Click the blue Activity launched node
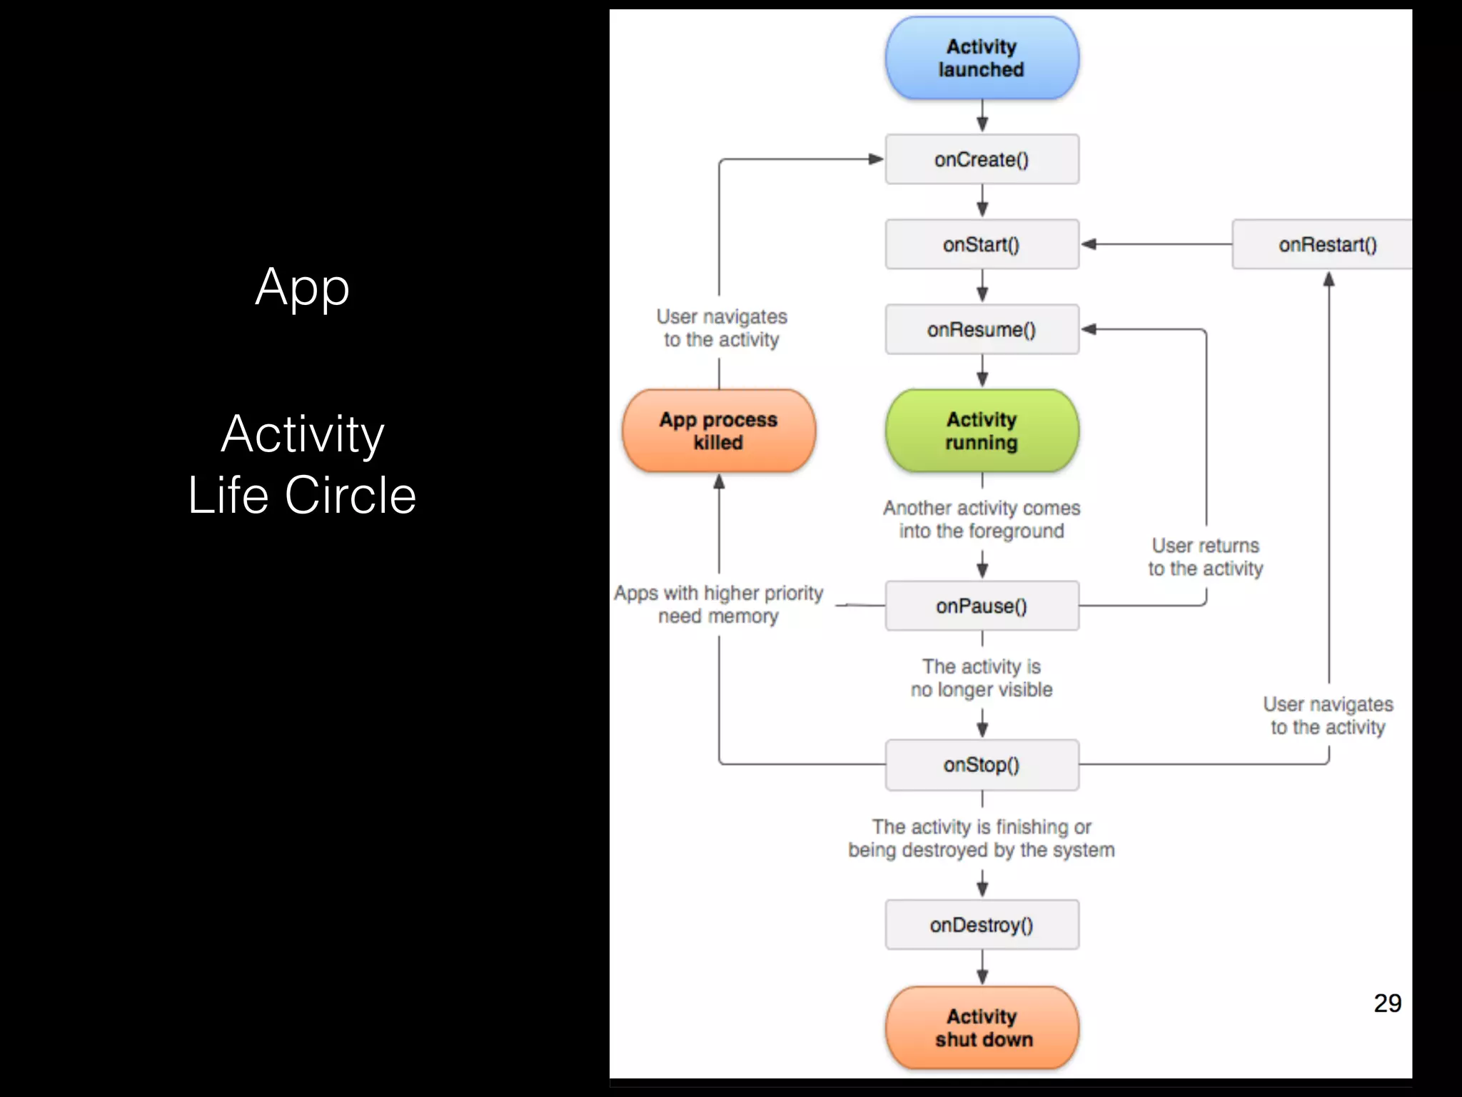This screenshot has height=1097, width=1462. [x=982, y=58]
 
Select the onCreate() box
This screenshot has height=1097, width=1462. [x=982, y=159]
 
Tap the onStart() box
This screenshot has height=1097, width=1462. [x=982, y=244]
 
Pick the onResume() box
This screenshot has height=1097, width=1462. [x=982, y=329]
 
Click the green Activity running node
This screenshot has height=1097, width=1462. [x=982, y=431]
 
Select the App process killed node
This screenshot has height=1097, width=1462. [x=719, y=431]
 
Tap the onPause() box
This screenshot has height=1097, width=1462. [x=982, y=606]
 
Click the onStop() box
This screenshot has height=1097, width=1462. [x=982, y=765]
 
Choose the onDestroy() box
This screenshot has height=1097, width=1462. [x=982, y=925]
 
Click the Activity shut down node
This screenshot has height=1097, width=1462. [x=982, y=1028]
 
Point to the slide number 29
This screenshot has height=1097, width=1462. [x=1387, y=1003]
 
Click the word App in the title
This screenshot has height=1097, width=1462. [x=303, y=288]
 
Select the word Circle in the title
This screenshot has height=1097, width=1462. [x=351, y=495]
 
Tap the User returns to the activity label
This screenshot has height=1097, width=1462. [x=1205, y=557]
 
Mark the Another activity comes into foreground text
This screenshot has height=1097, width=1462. [x=982, y=519]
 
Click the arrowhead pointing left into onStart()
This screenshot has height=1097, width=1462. [x=1089, y=244]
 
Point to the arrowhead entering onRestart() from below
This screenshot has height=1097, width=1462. [x=1329, y=279]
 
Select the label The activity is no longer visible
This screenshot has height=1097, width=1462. [x=982, y=678]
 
